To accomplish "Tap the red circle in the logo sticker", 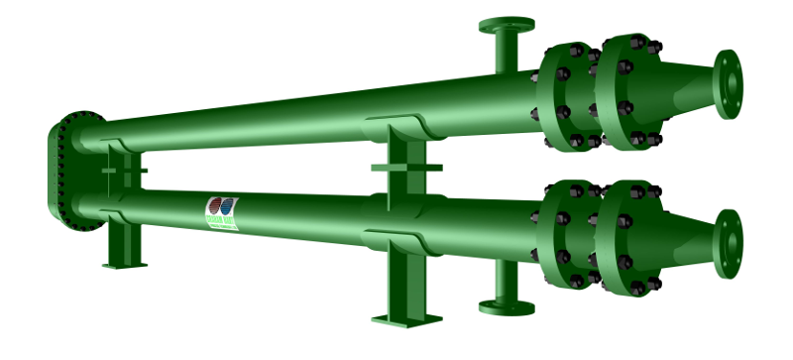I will (x=215, y=208).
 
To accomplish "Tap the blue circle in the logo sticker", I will (x=229, y=208).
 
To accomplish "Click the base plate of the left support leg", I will (x=124, y=265).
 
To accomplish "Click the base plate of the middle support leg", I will (x=406, y=318).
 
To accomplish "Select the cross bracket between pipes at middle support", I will (x=406, y=167).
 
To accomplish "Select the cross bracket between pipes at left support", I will (x=124, y=171).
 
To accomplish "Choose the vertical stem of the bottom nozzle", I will (x=506, y=283).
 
